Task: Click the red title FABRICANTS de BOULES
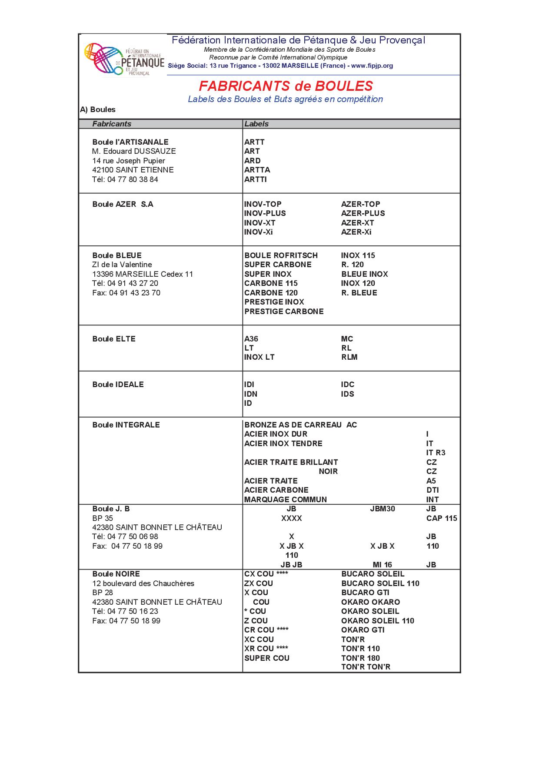coord(286,86)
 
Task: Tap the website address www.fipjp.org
coord(372,66)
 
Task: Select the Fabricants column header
coord(112,124)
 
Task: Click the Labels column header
coord(256,124)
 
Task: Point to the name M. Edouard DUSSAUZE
coord(134,151)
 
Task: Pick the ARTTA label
coord(257,170)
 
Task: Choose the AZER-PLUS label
coord(363,213)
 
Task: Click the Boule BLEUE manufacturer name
coord(117,255)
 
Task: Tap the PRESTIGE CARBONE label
coord(284,311)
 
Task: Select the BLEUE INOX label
coord(364,274)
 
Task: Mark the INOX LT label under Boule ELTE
coord(259,357)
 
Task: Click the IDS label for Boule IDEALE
coord(347,394)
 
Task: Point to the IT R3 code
coord(436,453)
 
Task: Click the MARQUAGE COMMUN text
coord(285,500)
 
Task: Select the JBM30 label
coord(383,509)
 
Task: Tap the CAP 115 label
coord(442,518)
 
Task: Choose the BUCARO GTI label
coord(365,593)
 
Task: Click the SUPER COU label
coord(266,658)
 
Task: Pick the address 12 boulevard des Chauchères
coord(143,583)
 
